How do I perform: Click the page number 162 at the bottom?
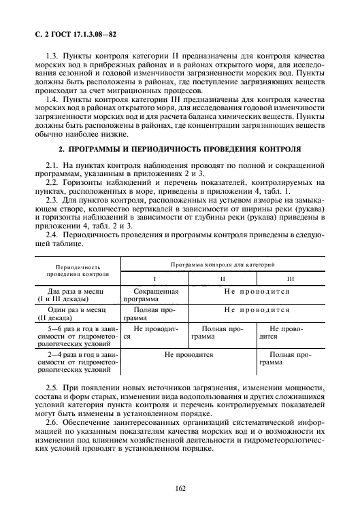pos(180,487)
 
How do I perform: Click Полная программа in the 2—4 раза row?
pos(291,358)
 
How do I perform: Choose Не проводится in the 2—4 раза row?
pos(189,354)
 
